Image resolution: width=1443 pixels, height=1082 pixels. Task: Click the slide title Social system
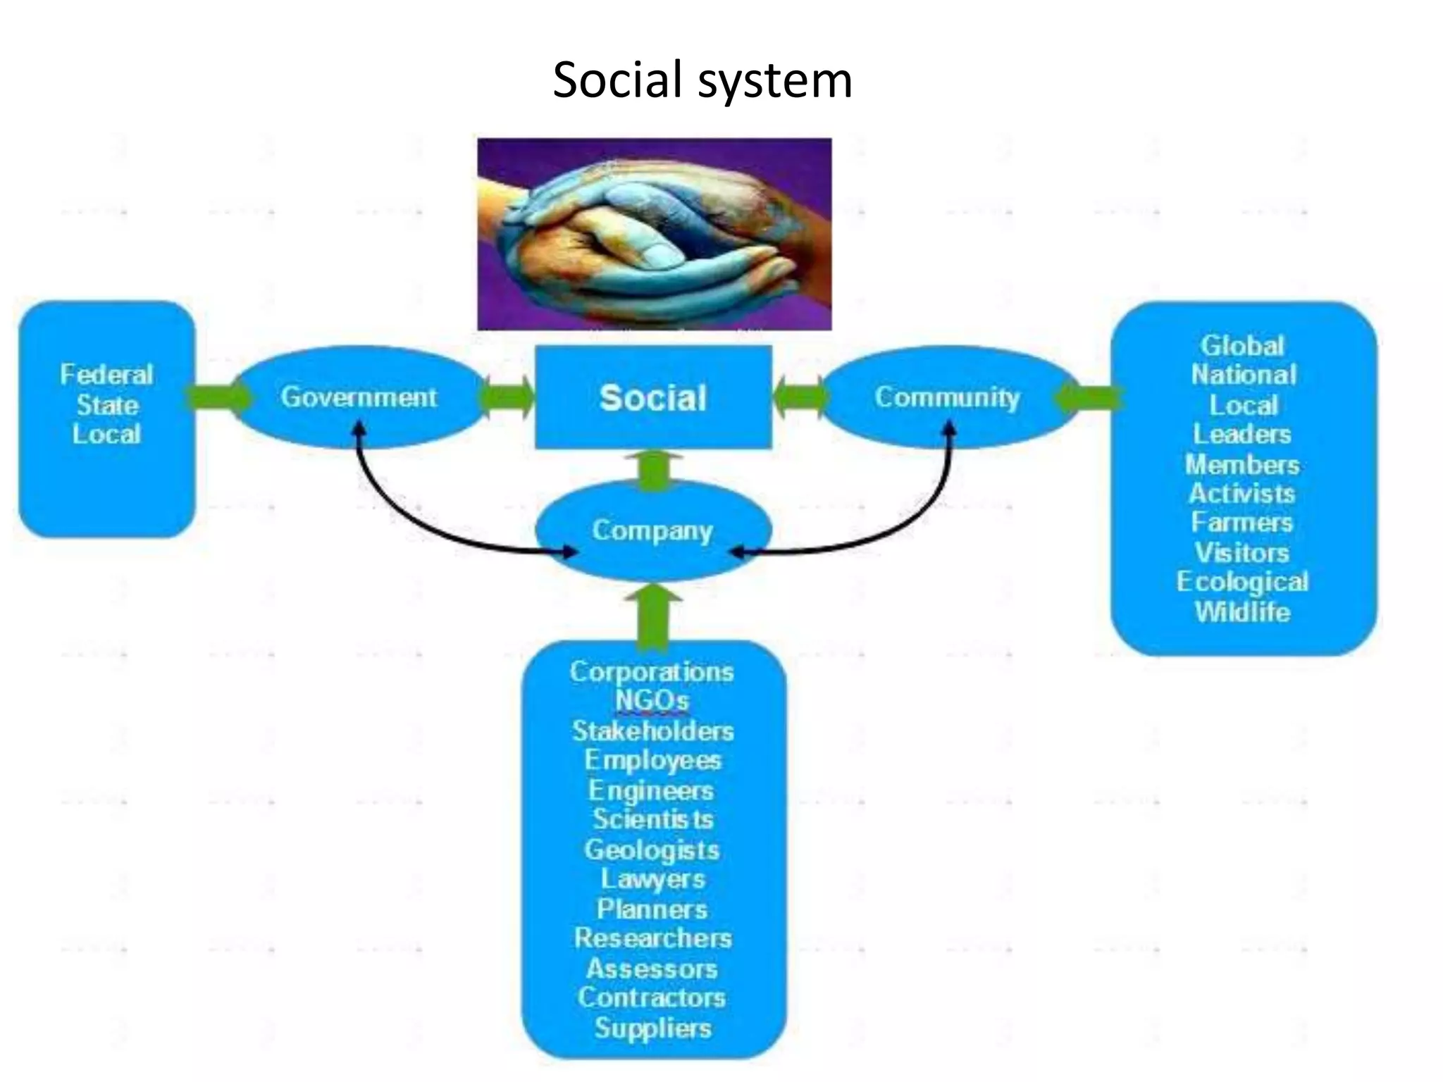coord(702,80)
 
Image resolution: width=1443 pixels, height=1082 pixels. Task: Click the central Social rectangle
coord(653,398)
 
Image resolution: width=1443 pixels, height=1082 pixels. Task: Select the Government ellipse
coord(359,397)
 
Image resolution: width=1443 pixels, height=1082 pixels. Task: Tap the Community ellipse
coord(948,397)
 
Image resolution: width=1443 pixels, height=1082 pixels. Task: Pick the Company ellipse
coord(652,530)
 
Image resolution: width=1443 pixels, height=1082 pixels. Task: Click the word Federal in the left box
coord(106,375)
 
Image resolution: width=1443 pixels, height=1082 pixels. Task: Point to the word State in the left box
coord(107,405)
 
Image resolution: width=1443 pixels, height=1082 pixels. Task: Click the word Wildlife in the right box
coord(1242,611)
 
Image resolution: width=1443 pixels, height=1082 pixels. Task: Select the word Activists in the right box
coord(1241,493)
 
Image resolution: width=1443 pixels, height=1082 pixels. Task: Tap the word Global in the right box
coord(1242,346)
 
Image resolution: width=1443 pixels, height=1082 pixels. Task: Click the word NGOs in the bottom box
coord(652,701)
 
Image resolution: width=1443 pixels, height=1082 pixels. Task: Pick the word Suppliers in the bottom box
coord(652,1028)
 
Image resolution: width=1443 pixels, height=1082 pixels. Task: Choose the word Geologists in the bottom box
coord(652,850)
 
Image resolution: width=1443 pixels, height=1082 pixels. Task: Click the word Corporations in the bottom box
coord(652,671)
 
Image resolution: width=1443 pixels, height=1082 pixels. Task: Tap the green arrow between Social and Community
coord(800,398)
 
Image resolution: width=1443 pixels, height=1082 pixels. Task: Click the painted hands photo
coord(654,234)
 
